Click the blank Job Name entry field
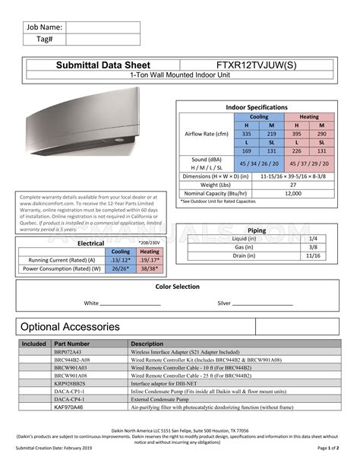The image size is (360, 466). coord(103,28)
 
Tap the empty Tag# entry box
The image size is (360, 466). coord(103,40)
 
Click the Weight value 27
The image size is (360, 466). coord(292,185)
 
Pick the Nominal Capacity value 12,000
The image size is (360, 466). coord(292,193)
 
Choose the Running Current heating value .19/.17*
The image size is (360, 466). coord(149,259)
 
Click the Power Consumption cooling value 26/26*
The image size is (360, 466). coord(121,268)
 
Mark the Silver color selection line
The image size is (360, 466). coord(262,303)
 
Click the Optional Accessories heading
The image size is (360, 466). coord(70,327)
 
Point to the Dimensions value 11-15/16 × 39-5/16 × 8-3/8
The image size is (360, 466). coord(293,176)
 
